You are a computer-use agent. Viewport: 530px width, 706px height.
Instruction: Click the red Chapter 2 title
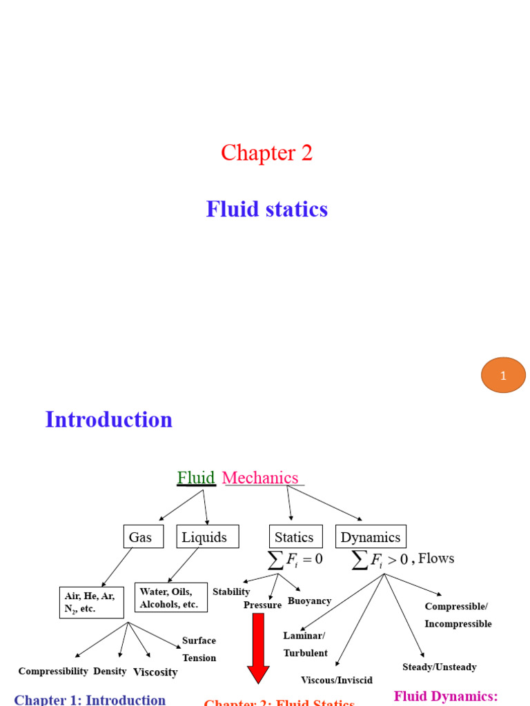coord(266,152)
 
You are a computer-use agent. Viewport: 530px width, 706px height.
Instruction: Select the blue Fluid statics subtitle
coord(266,209)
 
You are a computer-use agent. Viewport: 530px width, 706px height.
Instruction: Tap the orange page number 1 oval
coord(503,375)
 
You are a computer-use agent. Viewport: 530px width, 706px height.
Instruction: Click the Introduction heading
coord(108,419)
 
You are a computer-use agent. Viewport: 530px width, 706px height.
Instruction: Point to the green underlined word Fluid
coord(196,478)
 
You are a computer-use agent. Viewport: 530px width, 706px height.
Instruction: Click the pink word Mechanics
coord(260,478)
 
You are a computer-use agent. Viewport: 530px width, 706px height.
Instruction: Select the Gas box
coord(144,537)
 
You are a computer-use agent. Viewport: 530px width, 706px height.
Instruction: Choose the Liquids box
coord(207,537)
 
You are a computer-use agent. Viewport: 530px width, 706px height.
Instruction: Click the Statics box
coord(295,537)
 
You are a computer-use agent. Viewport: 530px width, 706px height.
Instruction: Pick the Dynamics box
coord(371,537)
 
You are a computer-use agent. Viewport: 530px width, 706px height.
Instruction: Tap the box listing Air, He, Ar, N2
coord(91,603)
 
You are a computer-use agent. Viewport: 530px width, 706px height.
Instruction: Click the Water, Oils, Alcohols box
coord(170,598)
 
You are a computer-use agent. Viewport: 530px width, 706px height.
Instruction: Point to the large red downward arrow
coord(258,648)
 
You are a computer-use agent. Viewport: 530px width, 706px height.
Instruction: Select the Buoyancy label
coord(309,601)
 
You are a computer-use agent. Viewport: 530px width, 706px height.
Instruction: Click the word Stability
coord(231,592)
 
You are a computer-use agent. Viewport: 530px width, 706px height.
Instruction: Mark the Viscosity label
coord(155,672)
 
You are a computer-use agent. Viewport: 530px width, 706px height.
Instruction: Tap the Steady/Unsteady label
coord(440,667)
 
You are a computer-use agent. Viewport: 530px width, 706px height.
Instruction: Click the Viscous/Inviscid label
coord(337,680)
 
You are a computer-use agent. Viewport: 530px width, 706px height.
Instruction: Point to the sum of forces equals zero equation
coord(295,558)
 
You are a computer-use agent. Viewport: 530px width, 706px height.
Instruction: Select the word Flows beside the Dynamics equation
coord(436,558)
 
